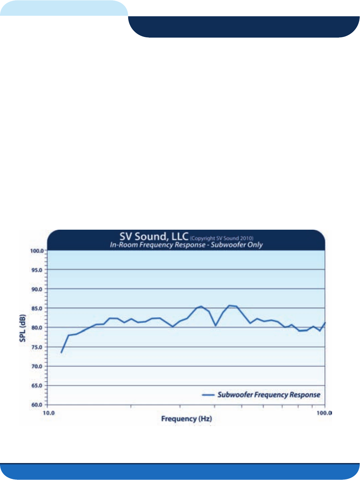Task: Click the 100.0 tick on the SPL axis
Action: click(37, 251)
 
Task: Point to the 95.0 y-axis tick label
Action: click(37, 270)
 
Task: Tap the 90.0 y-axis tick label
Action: click(37, 289)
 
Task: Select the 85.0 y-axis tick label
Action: click(37, 309)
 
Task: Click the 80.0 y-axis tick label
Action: click(37, 328)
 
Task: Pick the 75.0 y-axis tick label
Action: click(37, 347)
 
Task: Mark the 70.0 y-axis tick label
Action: click(37, 366)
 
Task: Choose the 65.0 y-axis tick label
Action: click(37, 386)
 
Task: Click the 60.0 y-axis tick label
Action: click(37, 405)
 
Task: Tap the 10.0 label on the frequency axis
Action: click(49, 413)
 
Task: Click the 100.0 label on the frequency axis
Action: click(324, 413)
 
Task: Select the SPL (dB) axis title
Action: click(23, 328)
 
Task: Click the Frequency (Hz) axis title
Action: click(186, 419)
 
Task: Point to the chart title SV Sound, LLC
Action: click(154, 237)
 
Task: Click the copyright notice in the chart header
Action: click(222, 238)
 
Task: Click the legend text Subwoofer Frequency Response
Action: click(269, 395)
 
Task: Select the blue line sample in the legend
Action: click(208, 395)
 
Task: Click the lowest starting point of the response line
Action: click(61, 352)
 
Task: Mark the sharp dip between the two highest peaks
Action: click(215, 326)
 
